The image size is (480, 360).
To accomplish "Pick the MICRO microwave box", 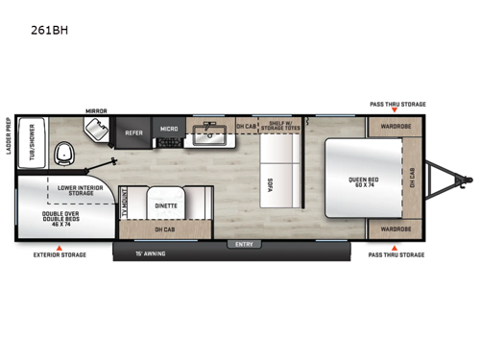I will tap(169, 130).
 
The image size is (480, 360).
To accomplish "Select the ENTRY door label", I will tap(242, 244).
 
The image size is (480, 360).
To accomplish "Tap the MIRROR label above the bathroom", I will tap(97, 110).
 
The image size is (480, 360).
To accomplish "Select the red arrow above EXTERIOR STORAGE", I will tap(60, 246).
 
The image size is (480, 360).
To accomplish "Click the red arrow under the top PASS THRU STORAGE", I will tap(397, 113).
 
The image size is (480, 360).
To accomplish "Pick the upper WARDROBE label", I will tap(396, 125).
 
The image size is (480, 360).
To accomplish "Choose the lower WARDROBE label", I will tap(396, 229).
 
